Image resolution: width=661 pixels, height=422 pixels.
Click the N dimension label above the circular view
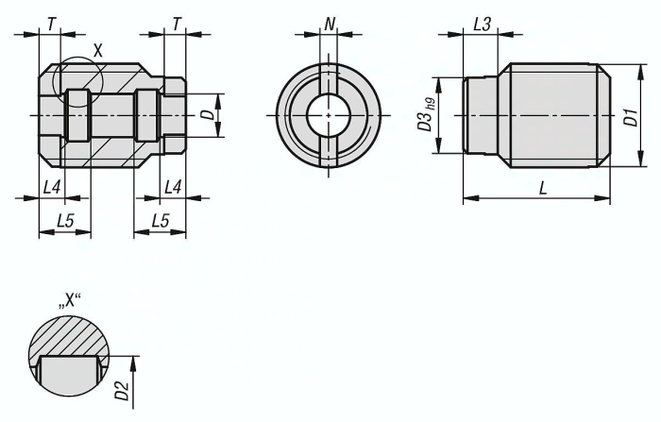point(330,24)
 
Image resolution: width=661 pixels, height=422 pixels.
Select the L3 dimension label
point(482,25)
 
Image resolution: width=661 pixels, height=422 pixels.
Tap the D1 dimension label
point(632,117)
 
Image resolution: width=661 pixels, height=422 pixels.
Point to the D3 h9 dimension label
point(426,115)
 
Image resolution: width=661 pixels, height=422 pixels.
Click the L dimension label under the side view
point(543,188)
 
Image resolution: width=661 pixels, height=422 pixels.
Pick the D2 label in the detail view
point(121,391)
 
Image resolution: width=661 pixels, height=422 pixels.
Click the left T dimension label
point(51,24)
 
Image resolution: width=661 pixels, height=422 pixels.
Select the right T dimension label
point(177,24)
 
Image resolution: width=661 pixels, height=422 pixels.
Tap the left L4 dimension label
point(52,187)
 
